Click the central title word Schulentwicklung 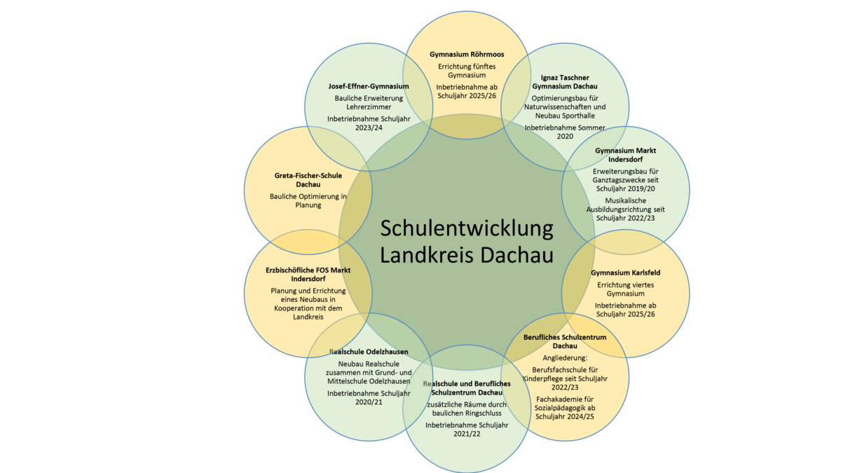(x=467, y=228)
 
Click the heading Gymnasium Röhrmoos (x=467, y=54)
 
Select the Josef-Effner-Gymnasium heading (x=369, y=86)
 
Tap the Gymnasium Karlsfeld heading (x=626, y=272)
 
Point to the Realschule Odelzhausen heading (x=369, y=351)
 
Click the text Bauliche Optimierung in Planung (x=308, y=201)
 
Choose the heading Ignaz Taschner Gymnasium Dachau (x=565, y=81)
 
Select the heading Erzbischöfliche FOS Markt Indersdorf (x=308, y=273)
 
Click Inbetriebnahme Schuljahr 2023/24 (x=369, y=123)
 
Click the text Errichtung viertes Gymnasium (x=626, y=289)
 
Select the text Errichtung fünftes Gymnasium (x=467, y=71)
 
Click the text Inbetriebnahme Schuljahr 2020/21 (x=369, y=397)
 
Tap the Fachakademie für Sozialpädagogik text (x=565, y=408)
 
